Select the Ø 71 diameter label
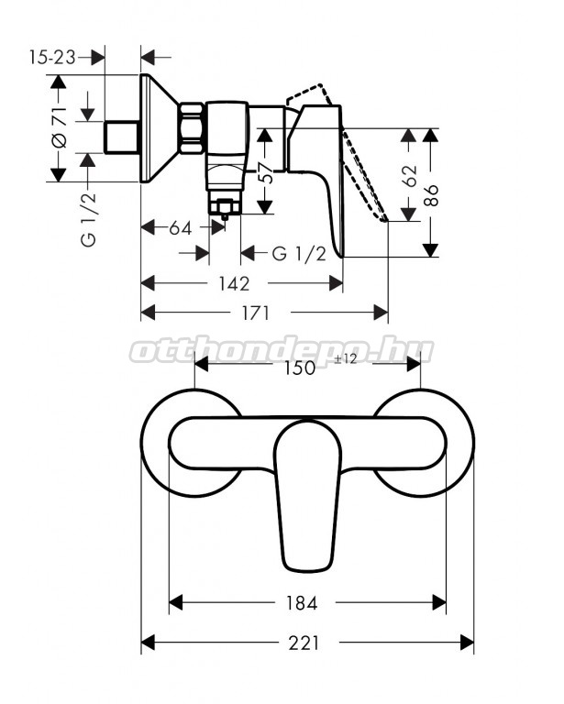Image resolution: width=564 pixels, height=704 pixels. coord(58,130)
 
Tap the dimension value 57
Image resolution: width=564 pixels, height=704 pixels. coord(264,173)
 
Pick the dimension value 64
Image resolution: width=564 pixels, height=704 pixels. coord(180,228)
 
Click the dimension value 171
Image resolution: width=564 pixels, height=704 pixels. coord(257,313)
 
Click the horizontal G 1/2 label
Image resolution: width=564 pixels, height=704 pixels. coord(299,254)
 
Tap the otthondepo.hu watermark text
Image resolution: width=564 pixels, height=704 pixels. coord(282,349)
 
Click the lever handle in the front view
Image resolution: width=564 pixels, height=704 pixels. coord(307,495)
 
